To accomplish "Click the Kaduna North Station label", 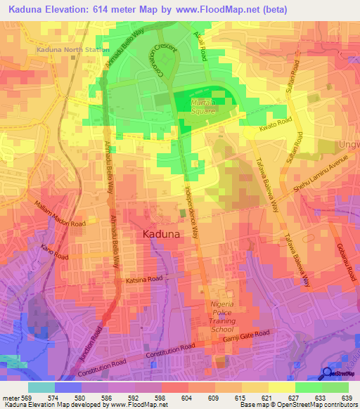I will [69, 50].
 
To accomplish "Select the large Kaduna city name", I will [167, 235].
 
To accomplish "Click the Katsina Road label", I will [144, 280].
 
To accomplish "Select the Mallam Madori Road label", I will [60, 214].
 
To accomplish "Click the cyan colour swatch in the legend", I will [41, 387].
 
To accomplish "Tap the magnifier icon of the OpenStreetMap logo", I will [328, 374].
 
